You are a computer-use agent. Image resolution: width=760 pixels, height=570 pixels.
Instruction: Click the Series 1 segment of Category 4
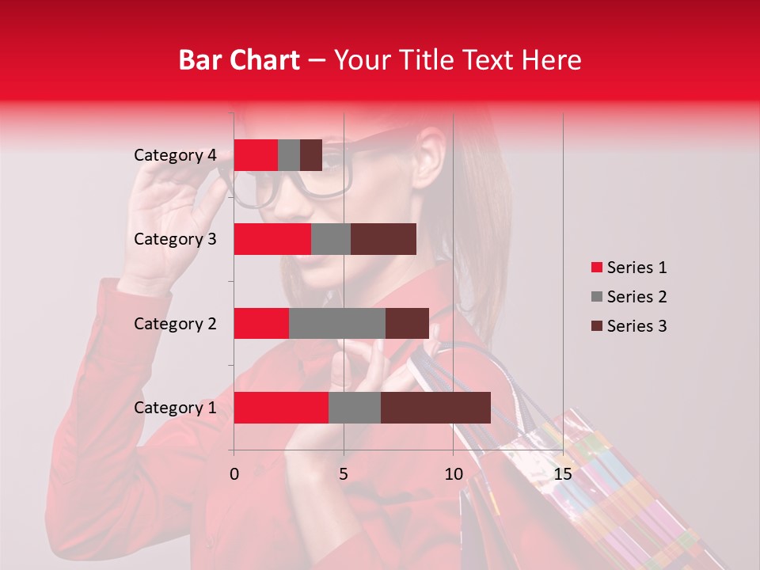(x=256, y=155)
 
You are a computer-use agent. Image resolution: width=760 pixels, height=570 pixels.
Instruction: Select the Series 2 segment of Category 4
(x=289, y=155)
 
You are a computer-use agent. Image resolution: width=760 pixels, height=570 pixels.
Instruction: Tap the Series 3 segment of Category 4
(x=311, y=155)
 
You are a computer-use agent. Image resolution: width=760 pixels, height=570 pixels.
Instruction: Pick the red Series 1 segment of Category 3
(x=272, y=239)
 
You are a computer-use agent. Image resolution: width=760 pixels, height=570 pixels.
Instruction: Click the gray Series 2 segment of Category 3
(x=331, y=239)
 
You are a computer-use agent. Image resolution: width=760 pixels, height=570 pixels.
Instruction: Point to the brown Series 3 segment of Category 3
(x=383, y=239)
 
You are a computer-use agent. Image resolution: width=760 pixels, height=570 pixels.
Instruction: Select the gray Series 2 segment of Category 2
(x=337, y=323)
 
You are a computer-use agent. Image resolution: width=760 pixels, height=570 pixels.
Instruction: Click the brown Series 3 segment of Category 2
(x=407, y=323)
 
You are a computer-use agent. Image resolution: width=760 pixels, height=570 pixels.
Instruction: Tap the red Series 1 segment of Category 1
(x=281, y=408)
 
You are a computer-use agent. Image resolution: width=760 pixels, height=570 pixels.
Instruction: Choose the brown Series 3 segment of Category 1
(x=435, y=408)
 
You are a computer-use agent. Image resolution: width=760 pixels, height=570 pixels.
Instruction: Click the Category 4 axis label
(x=175, y=155)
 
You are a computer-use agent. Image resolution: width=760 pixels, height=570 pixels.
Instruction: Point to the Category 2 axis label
(x=175, y=323)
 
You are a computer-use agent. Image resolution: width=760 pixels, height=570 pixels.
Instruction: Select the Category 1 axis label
(x=175, y=408)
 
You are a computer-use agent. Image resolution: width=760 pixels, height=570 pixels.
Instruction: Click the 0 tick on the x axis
(x=234, y=474)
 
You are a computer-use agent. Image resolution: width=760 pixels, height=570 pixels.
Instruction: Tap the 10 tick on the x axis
(x=453, y=474)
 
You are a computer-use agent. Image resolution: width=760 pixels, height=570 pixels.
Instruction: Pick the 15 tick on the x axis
(x=563, y=474)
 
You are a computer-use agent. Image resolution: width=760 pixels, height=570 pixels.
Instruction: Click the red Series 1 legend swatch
(x=596, y=268)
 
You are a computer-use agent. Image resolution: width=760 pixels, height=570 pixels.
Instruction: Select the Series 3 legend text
(x=637, y=326)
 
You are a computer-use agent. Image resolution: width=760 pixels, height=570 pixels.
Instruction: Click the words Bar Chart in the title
(x=239, y=59)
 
